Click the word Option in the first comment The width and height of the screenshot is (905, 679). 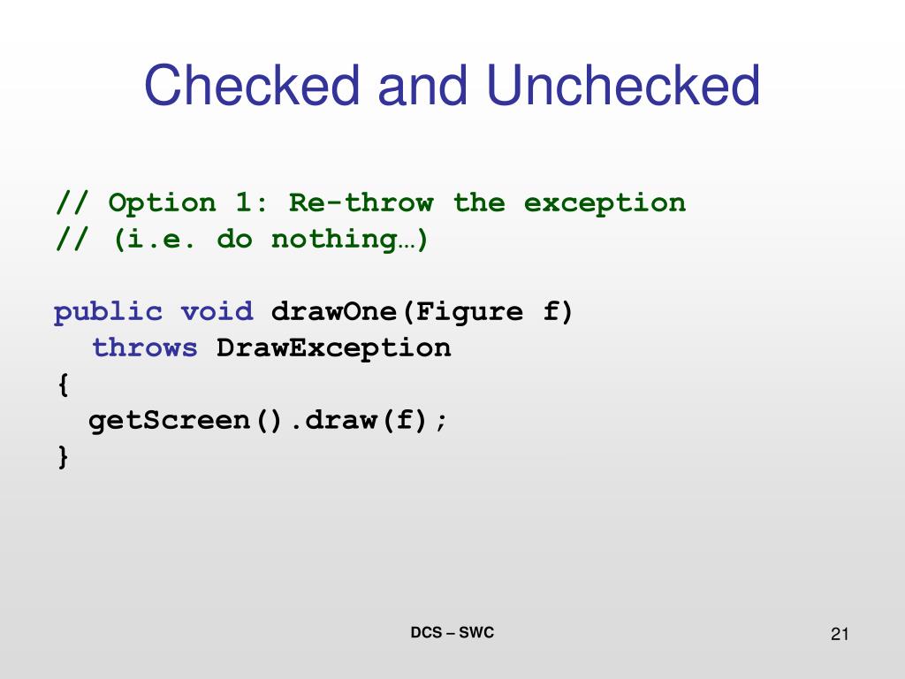click(162, 203)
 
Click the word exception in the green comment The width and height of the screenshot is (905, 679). click(605, 203)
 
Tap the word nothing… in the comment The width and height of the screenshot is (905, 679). click(350, 240)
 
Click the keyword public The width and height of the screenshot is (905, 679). click(108, 312)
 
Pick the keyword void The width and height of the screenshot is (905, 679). click(217, 312)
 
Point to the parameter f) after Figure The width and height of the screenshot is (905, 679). click(559, 312)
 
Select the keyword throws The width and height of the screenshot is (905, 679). click(145, 348)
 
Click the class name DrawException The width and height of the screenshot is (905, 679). click(334, 348)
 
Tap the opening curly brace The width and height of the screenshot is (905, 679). click(62, 385)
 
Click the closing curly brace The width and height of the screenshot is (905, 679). click(62, 457)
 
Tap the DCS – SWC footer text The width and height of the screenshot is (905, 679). click(452, 633)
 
